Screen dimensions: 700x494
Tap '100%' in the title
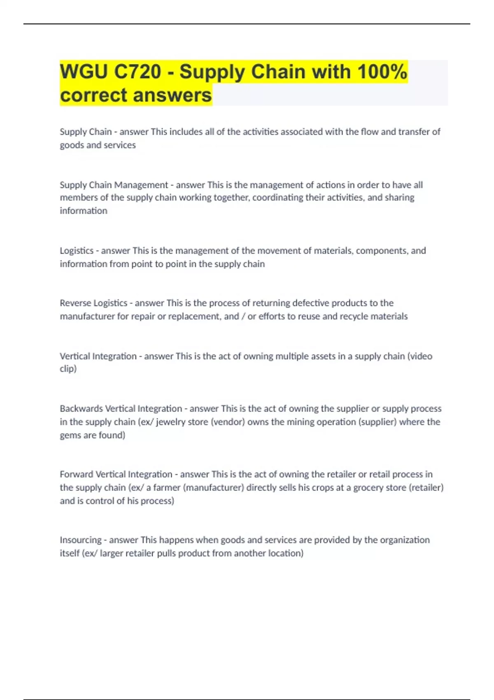click(382, 72)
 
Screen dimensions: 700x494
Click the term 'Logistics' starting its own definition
click(77, 251)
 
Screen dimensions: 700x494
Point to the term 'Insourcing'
click(80, 540)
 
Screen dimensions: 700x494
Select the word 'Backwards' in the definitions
click(81, 408)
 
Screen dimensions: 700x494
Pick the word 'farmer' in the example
click(167, 488)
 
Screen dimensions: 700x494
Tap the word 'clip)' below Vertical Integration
click(68, 369)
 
